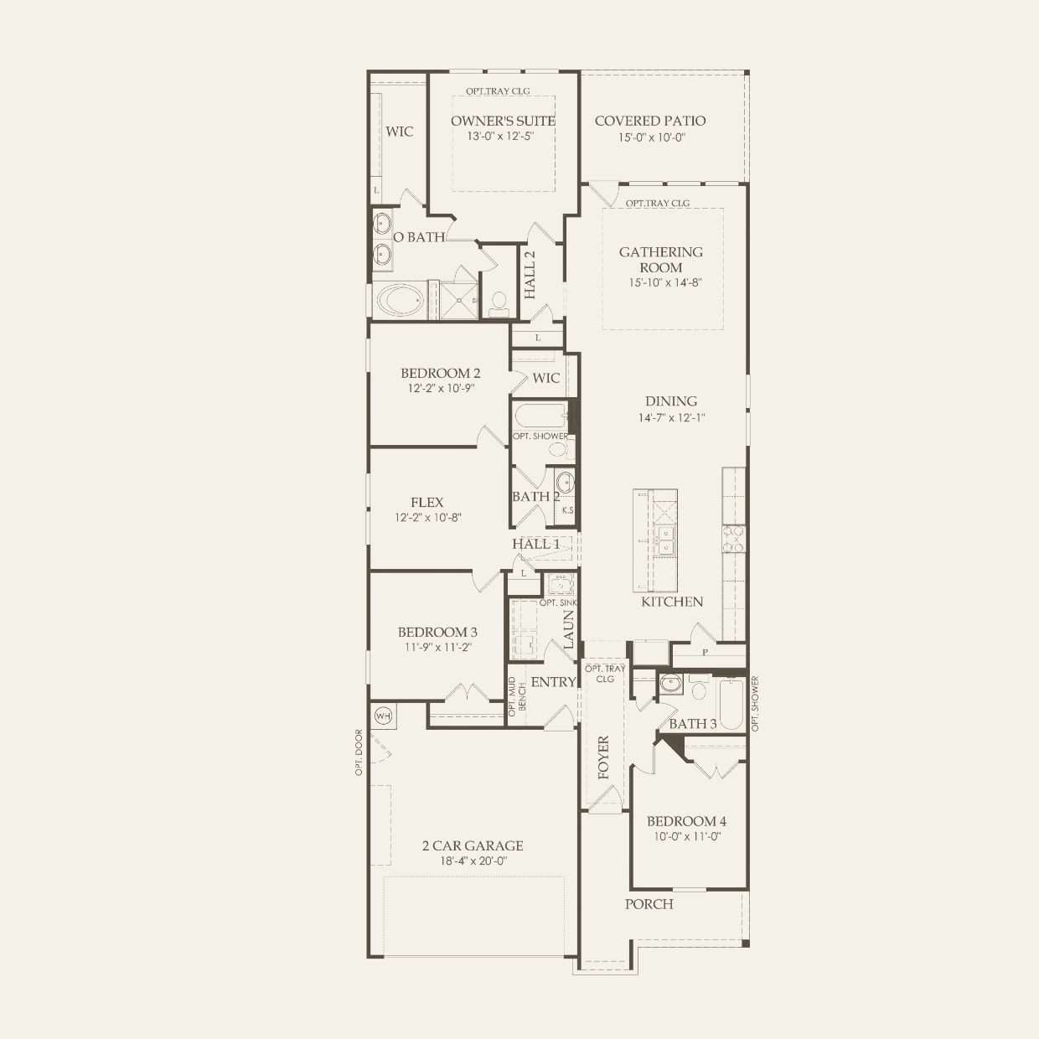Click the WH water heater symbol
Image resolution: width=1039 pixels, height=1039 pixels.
(383, 716)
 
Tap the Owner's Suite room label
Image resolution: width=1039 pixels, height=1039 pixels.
(503, 121)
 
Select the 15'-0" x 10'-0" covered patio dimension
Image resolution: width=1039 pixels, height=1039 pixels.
(651, 137)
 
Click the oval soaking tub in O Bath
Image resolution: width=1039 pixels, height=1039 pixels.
(401, 301)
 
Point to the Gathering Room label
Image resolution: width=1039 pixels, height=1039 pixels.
(661, 260)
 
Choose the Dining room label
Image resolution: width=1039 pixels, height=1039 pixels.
(671, 401)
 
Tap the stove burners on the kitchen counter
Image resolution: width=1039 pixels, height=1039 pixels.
(734, 539)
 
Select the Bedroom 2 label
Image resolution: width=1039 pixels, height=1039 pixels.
(441, 373)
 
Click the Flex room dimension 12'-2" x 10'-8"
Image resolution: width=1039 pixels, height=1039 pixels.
(428, 518)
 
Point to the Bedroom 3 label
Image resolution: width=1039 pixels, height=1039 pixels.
(437, 632)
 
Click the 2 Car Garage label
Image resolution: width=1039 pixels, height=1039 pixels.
(473, 845)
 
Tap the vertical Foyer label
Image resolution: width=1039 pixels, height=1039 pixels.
(604, 757)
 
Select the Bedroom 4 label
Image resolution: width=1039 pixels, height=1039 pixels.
(686, 821)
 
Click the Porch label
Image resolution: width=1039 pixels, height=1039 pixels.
(649, 904)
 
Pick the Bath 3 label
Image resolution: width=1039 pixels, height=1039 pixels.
(693, 724)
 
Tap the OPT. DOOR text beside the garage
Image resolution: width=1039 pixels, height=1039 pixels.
(359, 752)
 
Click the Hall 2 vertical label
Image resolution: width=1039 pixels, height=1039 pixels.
(530, 275)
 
